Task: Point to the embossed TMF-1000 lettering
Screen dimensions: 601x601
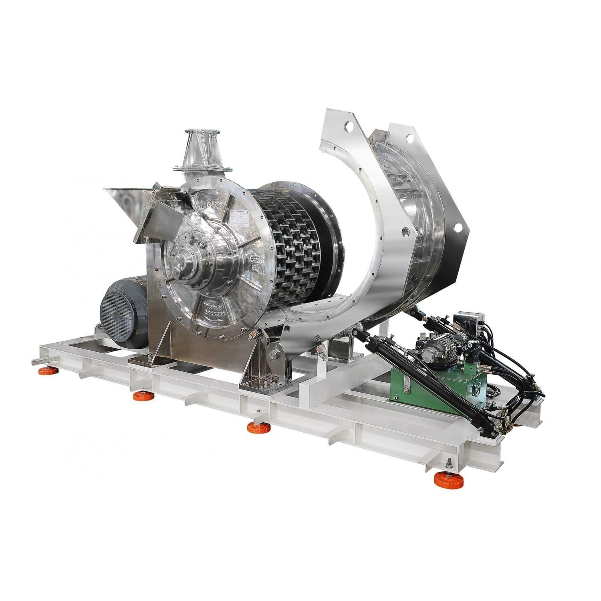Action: (213, 205)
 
